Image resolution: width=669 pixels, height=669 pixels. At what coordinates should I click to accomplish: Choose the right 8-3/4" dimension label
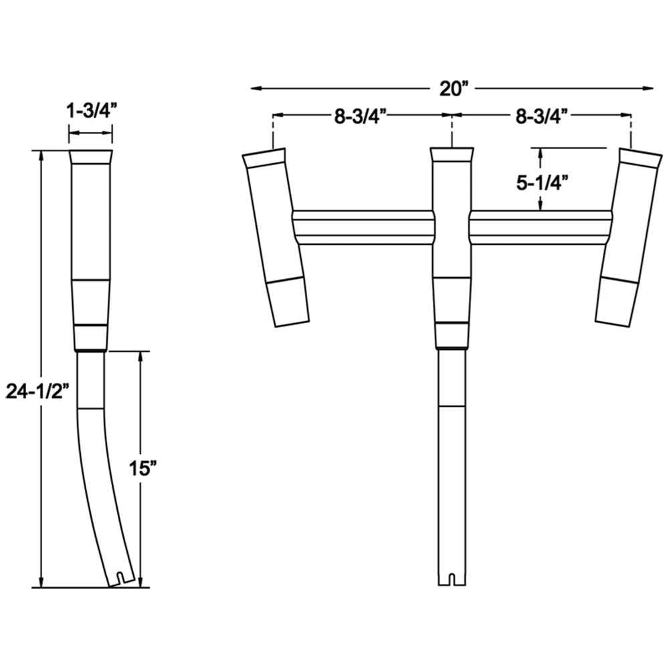point(542,116)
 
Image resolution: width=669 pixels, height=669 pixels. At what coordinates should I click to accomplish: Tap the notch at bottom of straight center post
point(452,577)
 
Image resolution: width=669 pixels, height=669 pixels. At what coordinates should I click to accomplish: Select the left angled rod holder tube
point(276,234)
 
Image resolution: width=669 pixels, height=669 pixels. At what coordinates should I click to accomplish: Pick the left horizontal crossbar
point(363,227)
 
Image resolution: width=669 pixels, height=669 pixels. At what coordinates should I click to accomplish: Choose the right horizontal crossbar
point(541,227)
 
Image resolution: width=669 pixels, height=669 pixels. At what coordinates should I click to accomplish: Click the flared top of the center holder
point(452,155)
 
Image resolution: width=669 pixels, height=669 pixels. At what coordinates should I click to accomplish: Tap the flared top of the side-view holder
point(91,160)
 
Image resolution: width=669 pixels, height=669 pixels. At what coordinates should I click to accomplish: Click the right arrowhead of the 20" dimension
point(649,88)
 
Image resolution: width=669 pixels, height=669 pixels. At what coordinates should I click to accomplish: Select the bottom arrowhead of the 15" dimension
point(140,582)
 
